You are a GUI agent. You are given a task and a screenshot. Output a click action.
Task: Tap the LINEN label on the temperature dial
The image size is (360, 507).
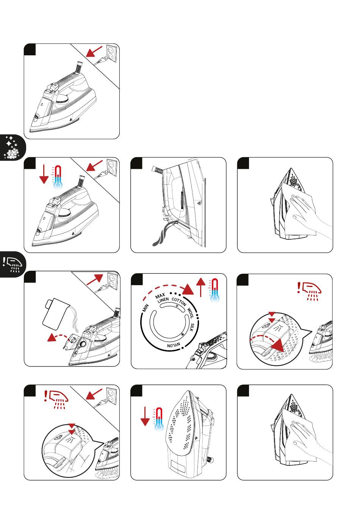coord(163,300)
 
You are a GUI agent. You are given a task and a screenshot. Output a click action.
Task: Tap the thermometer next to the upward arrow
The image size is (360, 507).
coord(215,290)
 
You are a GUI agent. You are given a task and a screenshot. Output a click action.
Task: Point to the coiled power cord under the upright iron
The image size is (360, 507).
coord(161,236)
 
